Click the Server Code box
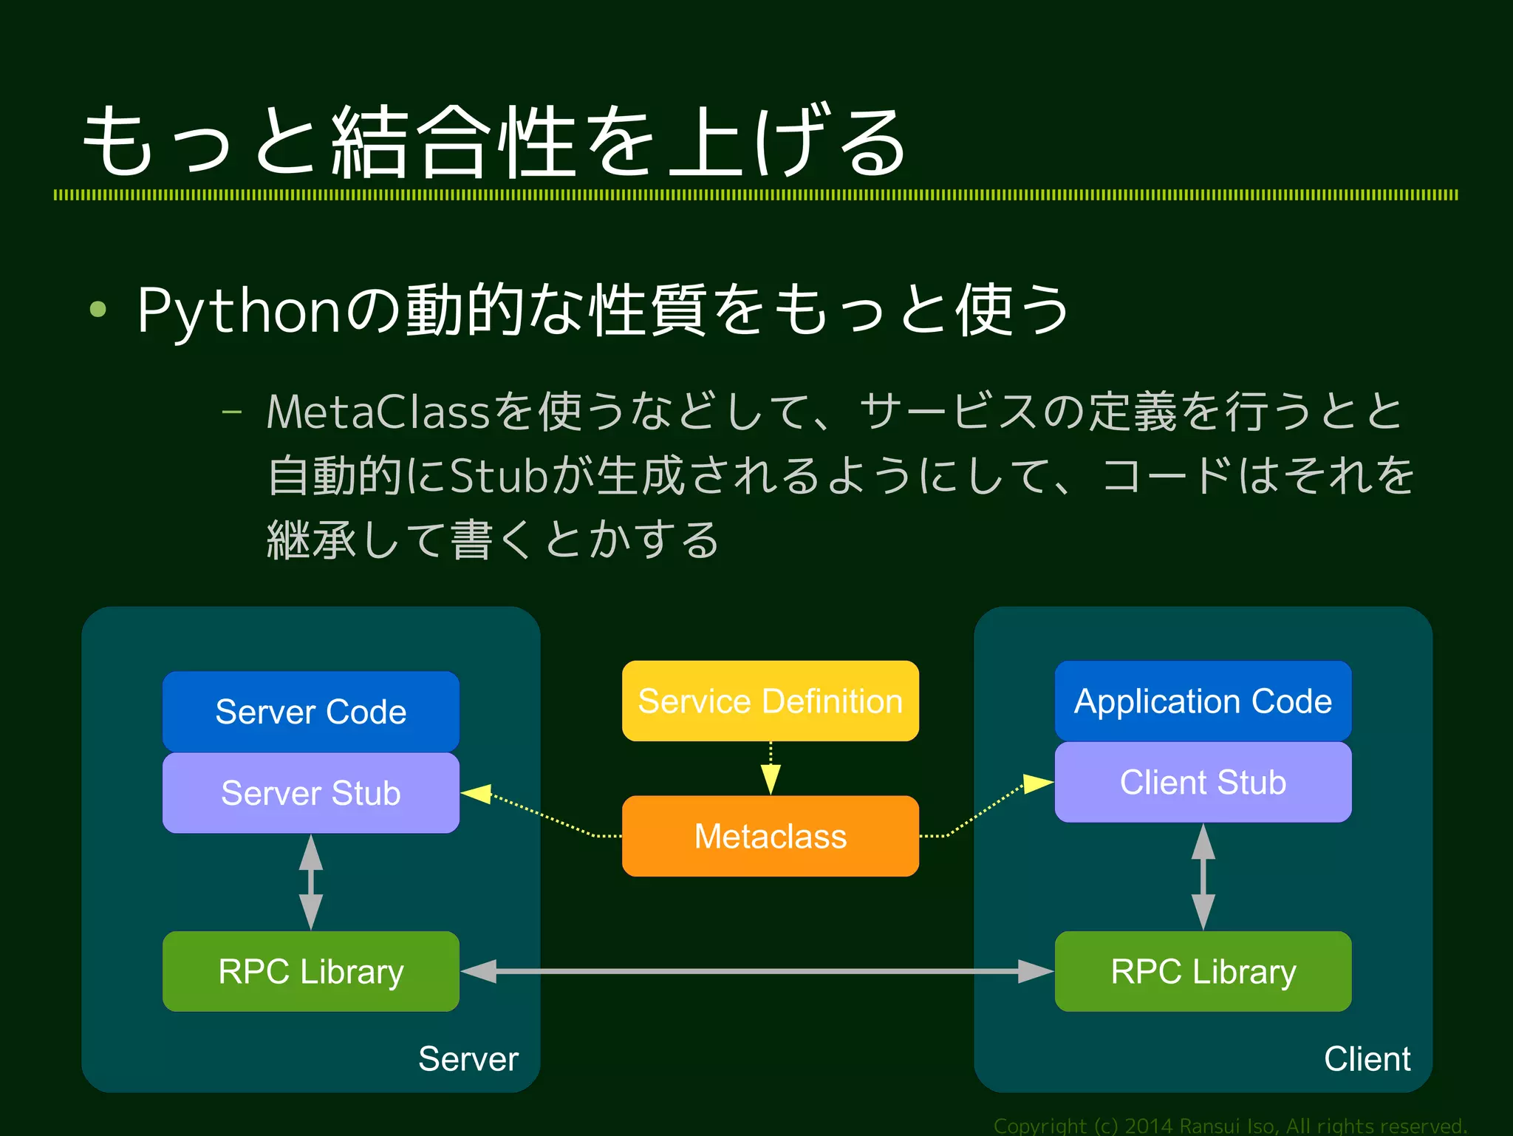(x=310, y=712)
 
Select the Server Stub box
(x=310, y=793)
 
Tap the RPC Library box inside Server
(x=310, y=971)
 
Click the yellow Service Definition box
(x=770, y=701)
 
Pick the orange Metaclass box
(x=770, y=836)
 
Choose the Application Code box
(x=1203, y=701)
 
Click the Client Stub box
(x=1203, y=782)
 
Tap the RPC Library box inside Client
(x=1203, y=971)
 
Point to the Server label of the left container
(x=468, y=1058)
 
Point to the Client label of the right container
(x=1367, y=1058)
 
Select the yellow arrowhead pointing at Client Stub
(x=1037, y=784)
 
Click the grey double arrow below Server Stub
(x=310, y=882)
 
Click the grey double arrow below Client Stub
(x=1203, y=877)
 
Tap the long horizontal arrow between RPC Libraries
(x=756, y=971)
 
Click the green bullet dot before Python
(x=98, y=309)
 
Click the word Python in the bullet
(x=238, y=310)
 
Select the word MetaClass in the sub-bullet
(x=378, y=412)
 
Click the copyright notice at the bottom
(x=1229, y=1126)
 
